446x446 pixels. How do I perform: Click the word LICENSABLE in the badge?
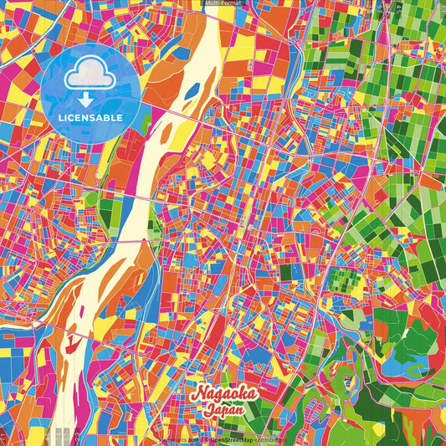click(x=91, y=117)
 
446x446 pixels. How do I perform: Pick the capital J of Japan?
click(x=204, y=409)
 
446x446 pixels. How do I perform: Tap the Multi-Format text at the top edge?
click(x=223, y=4)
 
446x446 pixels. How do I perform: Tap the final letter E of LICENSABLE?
click(x=120, y=117)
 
